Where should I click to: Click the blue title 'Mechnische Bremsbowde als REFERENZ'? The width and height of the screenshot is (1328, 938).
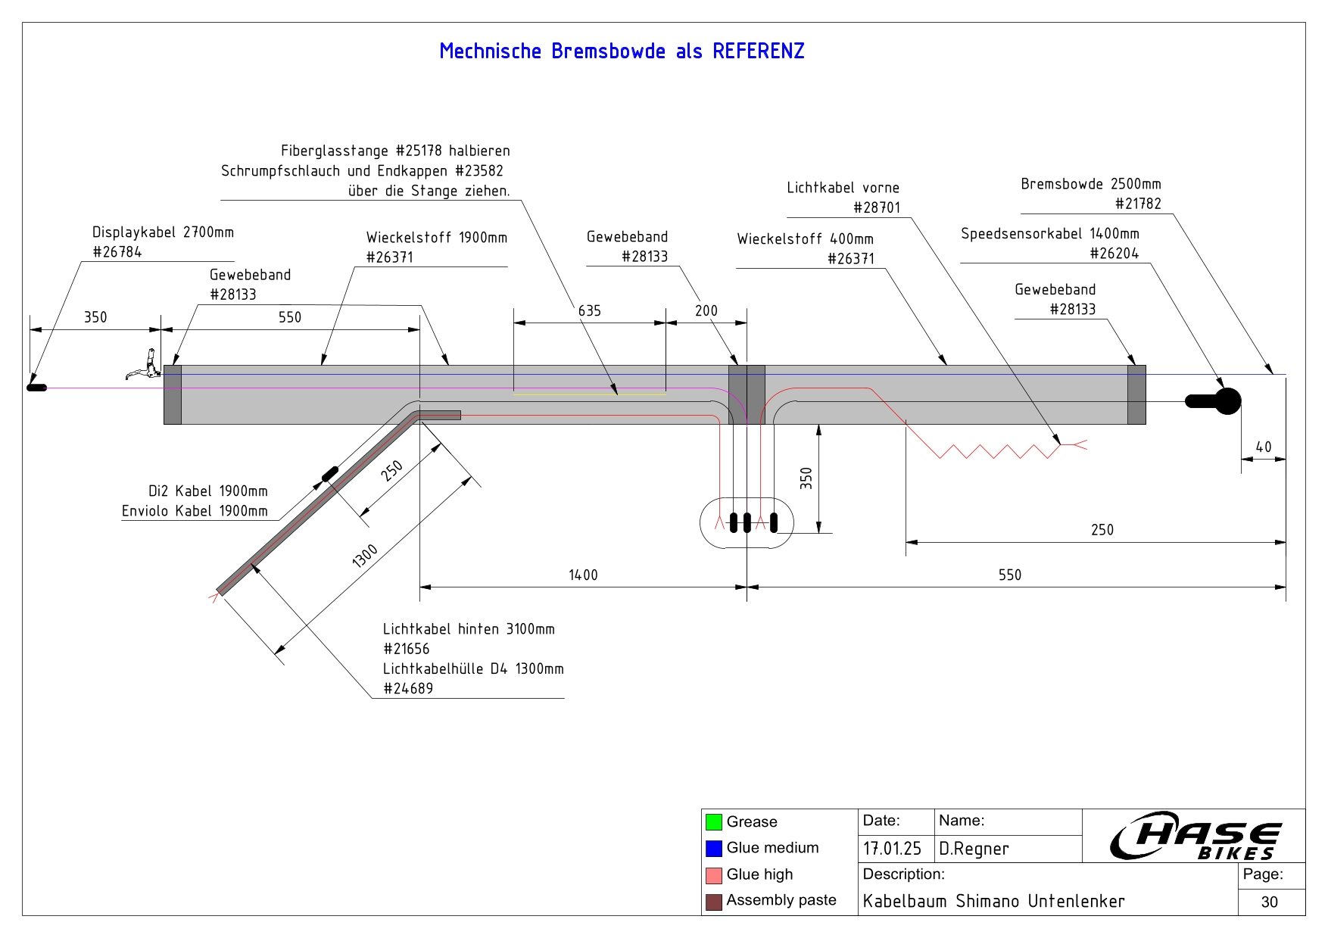tap(622, 51)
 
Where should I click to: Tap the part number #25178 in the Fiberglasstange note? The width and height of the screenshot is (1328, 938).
tap(419, 151)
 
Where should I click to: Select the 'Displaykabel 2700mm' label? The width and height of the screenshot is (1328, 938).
tap(163, 232)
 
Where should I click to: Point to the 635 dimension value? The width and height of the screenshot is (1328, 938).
tap(589, 311)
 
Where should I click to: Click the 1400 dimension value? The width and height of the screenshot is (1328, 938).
tap(583, 575)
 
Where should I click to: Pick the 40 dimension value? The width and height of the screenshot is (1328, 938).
tap(1264, 447)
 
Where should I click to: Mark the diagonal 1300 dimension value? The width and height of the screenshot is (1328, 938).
tap(365, 556)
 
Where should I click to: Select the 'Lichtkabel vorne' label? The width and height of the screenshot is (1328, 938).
tap(843, 188)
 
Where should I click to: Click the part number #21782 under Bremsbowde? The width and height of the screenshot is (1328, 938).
tap(1138, 204)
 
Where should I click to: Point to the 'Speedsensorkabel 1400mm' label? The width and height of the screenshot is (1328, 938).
tap(1049, 234)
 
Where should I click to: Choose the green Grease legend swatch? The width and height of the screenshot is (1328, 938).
tap(713, 822)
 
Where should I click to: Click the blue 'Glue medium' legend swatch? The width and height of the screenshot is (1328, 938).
tap(713, 849)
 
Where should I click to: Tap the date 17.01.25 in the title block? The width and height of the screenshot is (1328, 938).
tap(892, 849)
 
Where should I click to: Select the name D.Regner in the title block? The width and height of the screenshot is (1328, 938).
tap(974, 849)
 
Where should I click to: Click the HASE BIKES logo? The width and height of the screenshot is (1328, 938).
tap(1195, 836)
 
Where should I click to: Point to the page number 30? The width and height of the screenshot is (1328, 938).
tap(1270, 902)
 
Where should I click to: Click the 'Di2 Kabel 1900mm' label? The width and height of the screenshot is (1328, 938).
tap(207, 491)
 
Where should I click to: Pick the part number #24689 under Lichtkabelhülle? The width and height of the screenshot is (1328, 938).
tap(408, 689)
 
